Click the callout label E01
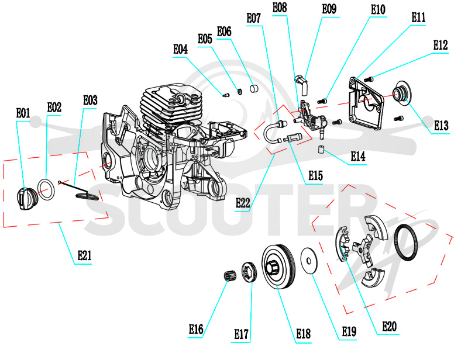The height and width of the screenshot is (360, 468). point(23,113)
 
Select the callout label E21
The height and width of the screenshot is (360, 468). point(84,255)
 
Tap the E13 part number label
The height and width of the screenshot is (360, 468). point(441,126)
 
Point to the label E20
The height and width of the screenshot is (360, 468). point(390,327)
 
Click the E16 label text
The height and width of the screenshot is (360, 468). point(196,330)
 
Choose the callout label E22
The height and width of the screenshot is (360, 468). point(243,203)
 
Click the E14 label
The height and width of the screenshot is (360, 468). point(358,156)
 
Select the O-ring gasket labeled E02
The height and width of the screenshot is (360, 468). point(46,190)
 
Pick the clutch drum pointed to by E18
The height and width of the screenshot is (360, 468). point(279,266)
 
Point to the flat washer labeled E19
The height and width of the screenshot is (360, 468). point(309,261)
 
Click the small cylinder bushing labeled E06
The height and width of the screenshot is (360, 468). point(254,89)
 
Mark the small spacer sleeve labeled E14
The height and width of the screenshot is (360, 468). point(321,148)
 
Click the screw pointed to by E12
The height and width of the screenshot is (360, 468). point(369,79)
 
